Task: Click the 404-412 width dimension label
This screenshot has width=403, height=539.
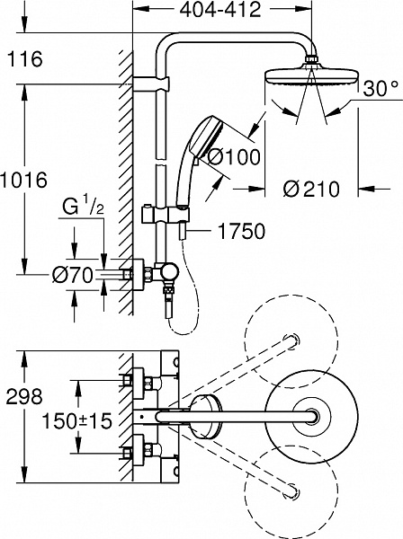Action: click(216, 11)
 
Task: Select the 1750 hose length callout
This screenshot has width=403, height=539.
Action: click(240, 231)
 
